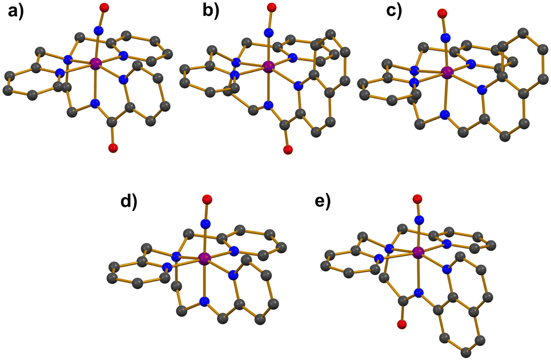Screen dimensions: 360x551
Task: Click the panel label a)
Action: [17, 13]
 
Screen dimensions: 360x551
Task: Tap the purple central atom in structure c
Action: [447, 72]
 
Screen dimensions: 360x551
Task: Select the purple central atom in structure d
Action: [204, 259]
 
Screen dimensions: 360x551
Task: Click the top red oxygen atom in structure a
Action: [103, 7]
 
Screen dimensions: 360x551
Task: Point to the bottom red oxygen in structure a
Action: [112, 149]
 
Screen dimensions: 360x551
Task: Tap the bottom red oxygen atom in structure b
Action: [288, 150]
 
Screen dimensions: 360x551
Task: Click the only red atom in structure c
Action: [443, 13]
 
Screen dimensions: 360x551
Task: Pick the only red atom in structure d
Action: [207, 199]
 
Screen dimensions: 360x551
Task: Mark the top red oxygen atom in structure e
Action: [418, 199]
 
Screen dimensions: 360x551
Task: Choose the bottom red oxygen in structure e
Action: [402, 325]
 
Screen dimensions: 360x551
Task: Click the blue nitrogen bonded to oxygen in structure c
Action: [444, 38]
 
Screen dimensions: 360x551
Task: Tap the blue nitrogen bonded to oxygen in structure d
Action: [206, 223]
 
